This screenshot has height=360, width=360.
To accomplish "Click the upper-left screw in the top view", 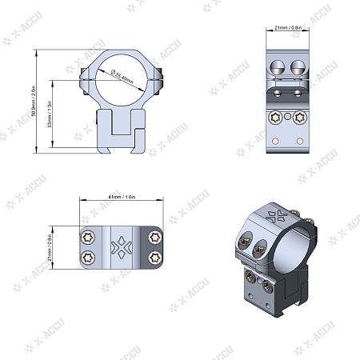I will click(89, 237).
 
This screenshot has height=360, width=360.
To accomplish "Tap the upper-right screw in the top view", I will click(153, 237).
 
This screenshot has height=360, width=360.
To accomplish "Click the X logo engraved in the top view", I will click(121, 247).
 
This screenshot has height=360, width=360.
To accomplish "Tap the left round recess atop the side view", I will click(278, 67).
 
